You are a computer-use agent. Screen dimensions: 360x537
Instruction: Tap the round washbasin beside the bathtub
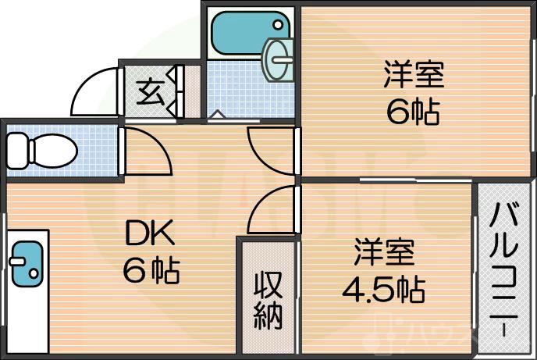pos(279,59)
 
